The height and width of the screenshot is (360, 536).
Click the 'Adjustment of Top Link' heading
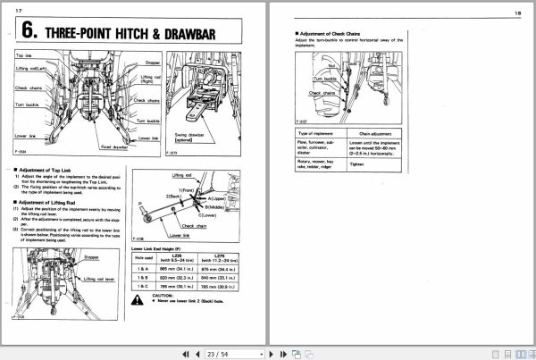52,168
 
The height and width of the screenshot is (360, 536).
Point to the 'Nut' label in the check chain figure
331,65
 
